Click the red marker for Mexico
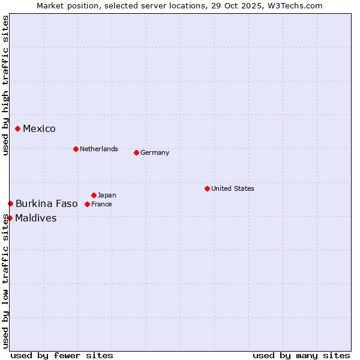pos(18,128)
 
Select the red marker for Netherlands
pos(76,149)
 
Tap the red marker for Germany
pos(136,152)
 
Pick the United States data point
pos(207,188)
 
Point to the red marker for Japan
pos(94,195)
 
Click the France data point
pos(87,204)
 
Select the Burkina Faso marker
pos(10,204)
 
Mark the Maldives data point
pos(10,218)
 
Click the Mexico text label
pos(39,129)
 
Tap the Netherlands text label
pos(99,149)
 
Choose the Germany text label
pos(155,152)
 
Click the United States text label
pos(233,188)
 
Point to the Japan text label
pos(107,195)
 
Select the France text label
pos(101,204)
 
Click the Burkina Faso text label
pos(47,204)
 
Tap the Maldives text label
pos(36,218)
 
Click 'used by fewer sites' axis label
pos(62,355)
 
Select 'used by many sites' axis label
pos(301,355)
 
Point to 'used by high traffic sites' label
pos(5,85)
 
